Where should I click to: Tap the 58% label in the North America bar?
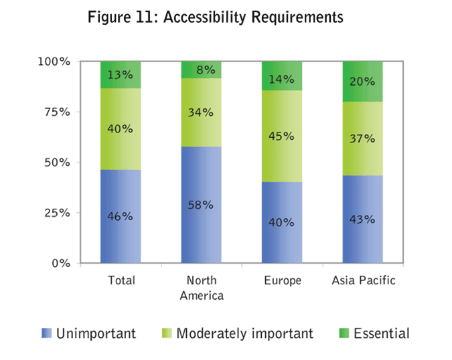(x=201, y=205)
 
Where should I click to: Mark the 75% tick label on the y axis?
(x=56, y=112)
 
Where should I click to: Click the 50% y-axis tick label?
(x=56, y=163)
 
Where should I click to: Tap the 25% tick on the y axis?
(x=56, y=213)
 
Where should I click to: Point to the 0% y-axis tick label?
(x=60, y=263)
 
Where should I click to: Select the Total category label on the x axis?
(x=121, y=280)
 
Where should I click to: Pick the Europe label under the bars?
(x=282, y=280)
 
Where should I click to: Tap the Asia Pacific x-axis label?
(x=364, y=280)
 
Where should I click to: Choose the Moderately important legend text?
(x=244, y=333)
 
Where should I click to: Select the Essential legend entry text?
(x=381, y=333)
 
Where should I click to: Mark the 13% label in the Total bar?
(x=121, y=74)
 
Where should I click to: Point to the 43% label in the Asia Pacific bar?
(x=362, y=218)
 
